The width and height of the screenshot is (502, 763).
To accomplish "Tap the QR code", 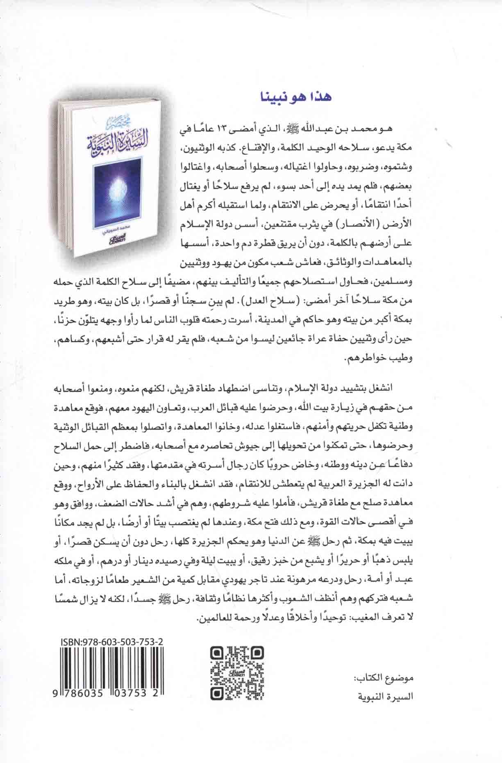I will coord(237,673).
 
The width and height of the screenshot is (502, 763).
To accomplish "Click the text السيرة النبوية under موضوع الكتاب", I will coord(384,696).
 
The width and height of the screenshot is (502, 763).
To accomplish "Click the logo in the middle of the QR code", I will coord(237,673).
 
